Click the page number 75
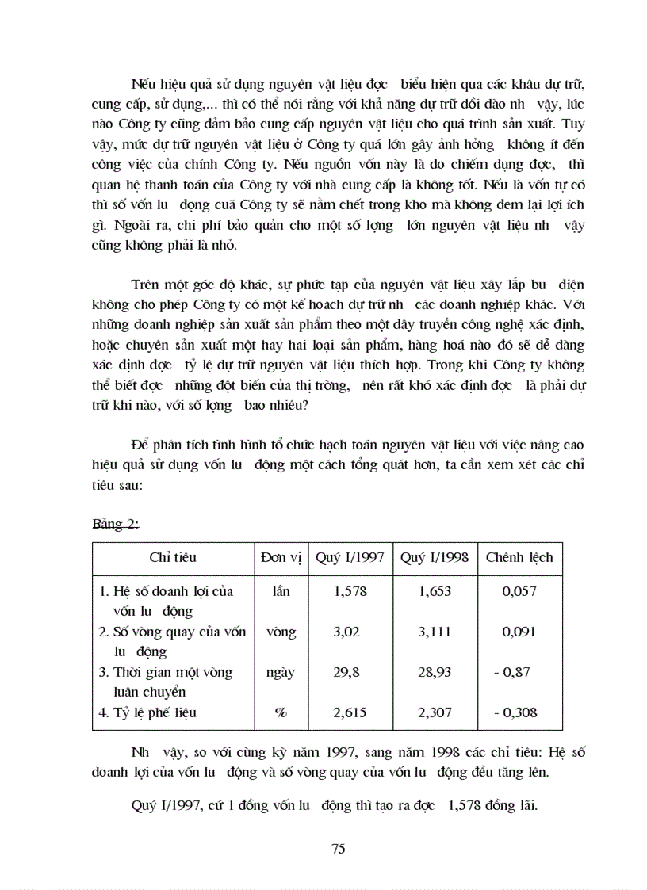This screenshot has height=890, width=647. pyautogui.click(x=339, y=849)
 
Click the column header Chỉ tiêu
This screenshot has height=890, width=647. pyautogui.click(x=172, y=557)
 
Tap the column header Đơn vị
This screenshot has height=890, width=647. pyautogui.click(x=281, y=557)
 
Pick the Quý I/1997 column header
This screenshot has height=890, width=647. pyautogui.click(x=350, y=557)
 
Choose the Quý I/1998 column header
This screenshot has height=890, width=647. pyautogui.click(x=435, y=557)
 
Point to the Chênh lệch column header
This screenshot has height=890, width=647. pyautogui.click(x=519, y=557)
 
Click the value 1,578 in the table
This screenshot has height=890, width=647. pyautogui.click(x=350, y=591)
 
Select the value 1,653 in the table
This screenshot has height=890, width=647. pyautogui.click(x=435, y=591)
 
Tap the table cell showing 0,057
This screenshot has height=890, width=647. pyautogui.click(x=519, y=591)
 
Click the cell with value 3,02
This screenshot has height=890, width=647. pyautogui.click(x=350, y=632)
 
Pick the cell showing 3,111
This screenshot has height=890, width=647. pyautogui.click(x=435, y=632)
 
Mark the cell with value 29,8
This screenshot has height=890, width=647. pyautogui.click(x=350, y=672)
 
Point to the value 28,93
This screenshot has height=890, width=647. pyautogui.click(x=435, y=672)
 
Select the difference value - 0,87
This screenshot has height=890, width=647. pyautogui.click(x=512, y=672)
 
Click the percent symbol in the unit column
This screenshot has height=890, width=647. pyautogui.click(x=281, y=712)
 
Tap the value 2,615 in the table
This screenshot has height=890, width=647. pyautogui.click(x=350, y=712)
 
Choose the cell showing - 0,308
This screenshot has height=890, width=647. pyautogui.click(x=515, y=712)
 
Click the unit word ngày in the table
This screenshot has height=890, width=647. pyautogui.click(x=281, y=672)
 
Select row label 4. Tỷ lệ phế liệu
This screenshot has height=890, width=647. pyautogui.click(x=147, y=712)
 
